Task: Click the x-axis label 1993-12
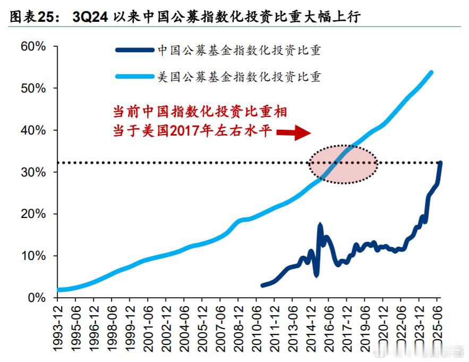[x=57, y=326]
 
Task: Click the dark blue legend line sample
[x=134, y=50]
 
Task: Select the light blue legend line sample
[x=134, y=77]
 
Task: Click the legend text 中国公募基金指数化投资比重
[x=239, y=50]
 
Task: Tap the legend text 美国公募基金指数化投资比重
[x=239, y=77]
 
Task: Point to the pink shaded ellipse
[x=343, y=164]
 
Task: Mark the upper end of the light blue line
[x=431, y=72]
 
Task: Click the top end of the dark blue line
[x=440, y=163]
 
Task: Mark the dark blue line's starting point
[x=262, y=285]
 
